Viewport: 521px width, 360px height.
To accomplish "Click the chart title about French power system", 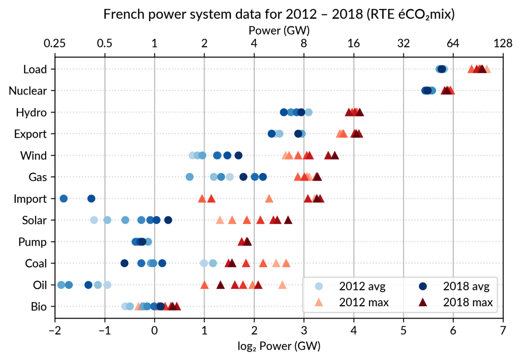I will point(279,15).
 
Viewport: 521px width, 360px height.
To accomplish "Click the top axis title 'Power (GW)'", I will point(279,30).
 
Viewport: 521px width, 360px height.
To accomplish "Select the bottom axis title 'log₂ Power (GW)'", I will point(279,346).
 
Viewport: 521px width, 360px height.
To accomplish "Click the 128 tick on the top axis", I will point(503,44).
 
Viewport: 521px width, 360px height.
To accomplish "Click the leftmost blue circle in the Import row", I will point(63,199).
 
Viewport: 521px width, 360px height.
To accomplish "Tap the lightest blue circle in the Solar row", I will point(94,220).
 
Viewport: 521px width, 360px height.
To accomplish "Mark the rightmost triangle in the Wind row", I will point(335,155).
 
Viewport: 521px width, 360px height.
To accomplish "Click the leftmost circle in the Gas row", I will point(190,177).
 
